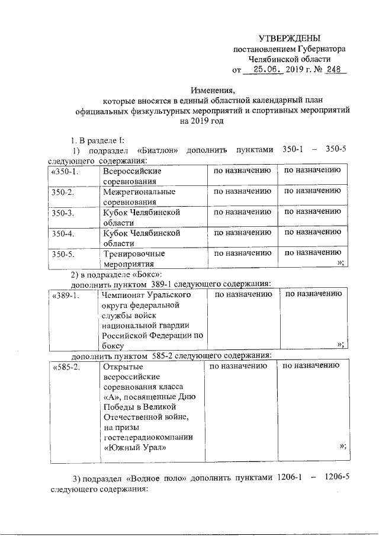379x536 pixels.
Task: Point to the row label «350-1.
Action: pos(66,172)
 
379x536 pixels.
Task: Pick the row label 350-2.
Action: pos(62,192)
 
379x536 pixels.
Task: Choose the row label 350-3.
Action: pos(62,213)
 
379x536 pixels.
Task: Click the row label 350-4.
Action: pos(62,233)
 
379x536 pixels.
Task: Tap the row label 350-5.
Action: pos(62,254)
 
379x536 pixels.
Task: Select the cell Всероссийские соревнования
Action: pos(132,176)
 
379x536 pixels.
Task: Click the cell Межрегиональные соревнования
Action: pos(139,197)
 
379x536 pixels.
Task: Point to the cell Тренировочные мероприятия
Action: pos(133,259)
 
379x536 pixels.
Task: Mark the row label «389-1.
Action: pos(66,294)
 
